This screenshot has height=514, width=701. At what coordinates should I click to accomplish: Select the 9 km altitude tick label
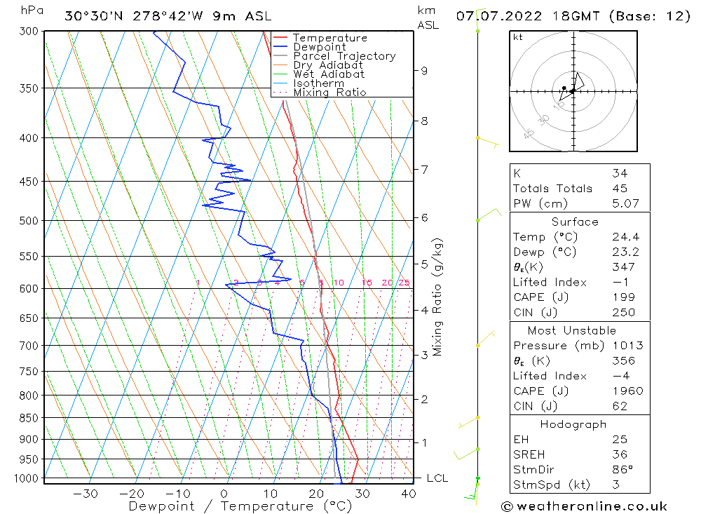click(424, 70)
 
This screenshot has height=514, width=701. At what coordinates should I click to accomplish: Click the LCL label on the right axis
click(437, 478)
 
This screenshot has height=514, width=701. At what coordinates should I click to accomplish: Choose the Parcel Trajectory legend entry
click(344, 56)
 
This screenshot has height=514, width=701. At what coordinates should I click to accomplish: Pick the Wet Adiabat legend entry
click(329, 74)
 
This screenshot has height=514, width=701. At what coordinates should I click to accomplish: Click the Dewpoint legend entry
click(320, 47)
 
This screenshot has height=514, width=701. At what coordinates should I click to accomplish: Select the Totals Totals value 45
click(619, 188)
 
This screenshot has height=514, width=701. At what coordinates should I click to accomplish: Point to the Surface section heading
click(575, 222)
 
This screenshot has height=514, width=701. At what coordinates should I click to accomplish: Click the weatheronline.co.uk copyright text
click(584, 506)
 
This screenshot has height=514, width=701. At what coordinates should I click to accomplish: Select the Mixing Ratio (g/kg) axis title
click(438, 297)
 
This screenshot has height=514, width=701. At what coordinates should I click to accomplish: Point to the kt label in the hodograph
click(517, 37)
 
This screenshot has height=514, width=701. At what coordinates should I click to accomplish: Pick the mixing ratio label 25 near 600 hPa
click(404, 283)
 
